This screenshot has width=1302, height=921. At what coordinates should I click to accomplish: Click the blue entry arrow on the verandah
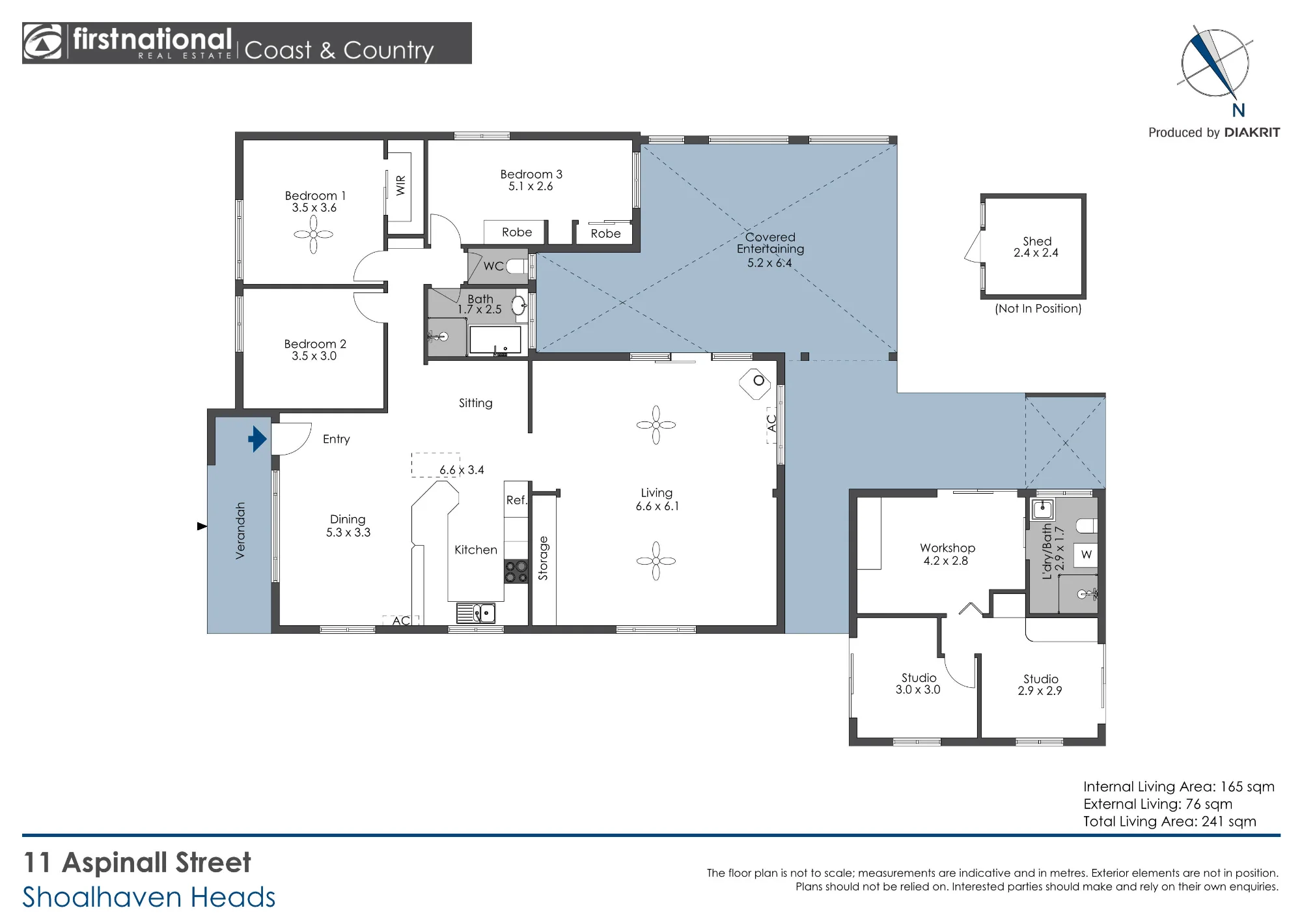258,439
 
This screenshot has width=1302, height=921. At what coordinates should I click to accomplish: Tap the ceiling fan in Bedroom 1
313,234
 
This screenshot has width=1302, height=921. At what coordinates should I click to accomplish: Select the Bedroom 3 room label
531,174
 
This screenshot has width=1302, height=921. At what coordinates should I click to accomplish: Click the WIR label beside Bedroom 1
400,185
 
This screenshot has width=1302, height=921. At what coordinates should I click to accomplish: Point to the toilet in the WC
516,266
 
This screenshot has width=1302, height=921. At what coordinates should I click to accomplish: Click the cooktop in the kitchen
516,572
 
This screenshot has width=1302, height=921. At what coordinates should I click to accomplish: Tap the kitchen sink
477,613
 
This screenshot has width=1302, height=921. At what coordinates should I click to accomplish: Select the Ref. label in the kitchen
516,500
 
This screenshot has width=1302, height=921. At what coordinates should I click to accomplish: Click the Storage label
543,558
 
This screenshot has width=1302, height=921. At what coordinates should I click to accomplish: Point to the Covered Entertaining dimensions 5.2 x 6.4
769,262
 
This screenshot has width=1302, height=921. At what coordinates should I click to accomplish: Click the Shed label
1037,241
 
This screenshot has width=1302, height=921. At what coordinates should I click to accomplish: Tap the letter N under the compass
1238,111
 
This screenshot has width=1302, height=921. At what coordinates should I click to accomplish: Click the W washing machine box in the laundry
1086,554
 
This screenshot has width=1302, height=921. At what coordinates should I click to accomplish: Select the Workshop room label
947,548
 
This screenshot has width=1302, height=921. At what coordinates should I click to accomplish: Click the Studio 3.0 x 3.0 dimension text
918,690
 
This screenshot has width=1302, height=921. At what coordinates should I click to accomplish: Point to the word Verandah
240,531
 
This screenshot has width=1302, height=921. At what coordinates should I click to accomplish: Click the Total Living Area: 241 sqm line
1170,821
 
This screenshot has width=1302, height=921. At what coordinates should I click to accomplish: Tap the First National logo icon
42,42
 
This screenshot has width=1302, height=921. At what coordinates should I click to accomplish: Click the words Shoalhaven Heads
149,897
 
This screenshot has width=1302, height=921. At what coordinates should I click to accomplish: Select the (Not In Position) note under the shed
1038,309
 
